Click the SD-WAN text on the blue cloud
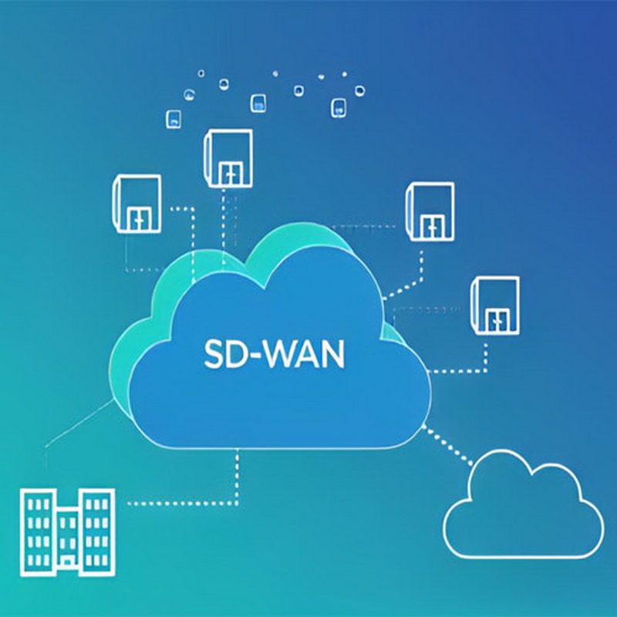coord(275,354)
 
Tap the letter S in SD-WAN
coord(214,354)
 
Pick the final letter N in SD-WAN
coord(334,354)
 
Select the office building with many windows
coord(68,532)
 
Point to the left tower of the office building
coord(38,532)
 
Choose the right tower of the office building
coord(97,532)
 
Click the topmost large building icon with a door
coord(228,158)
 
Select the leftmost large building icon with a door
coord(137,204)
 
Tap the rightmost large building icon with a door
coord(495,305)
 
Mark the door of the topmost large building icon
coord(230,172)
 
